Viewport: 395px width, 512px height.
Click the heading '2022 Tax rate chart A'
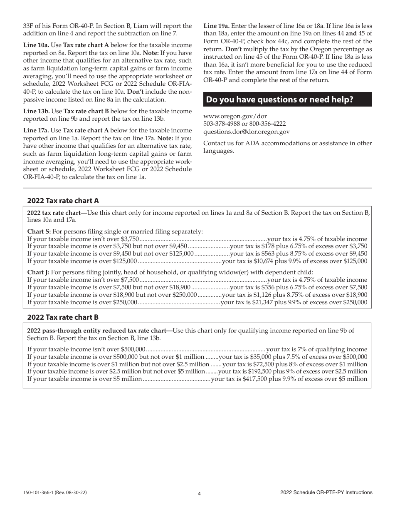[x=63, y=201]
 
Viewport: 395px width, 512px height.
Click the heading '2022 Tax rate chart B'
[x=63, y=317]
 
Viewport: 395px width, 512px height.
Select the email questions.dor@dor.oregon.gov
[x=247, y=132]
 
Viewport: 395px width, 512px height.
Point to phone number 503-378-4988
[x=221, y=124]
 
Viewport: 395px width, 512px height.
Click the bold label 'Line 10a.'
[x=36, y=45]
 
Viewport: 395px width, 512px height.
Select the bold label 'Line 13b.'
[x=36, y=111]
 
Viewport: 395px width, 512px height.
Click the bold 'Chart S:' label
[x=39, y=231]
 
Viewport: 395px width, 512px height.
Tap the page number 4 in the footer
[x=199, y=494]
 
